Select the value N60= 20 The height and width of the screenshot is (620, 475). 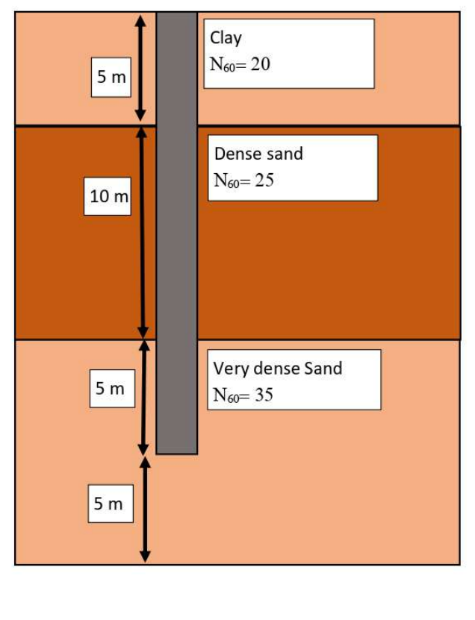tap(240, 65)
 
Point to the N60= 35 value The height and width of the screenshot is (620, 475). tap(243, 395)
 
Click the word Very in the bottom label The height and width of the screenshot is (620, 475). tap(229, 369)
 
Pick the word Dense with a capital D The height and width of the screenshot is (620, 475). tap(235, 154)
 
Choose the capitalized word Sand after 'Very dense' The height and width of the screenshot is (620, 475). tap(323, 369)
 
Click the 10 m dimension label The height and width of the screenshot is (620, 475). tap(108, 197)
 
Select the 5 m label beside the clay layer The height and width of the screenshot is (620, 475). tap(111, 77)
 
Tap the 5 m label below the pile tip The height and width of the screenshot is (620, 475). tap(108, 504)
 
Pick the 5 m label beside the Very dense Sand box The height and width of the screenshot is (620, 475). tap(111, 389)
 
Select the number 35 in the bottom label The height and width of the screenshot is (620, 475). tap(264, 395)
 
